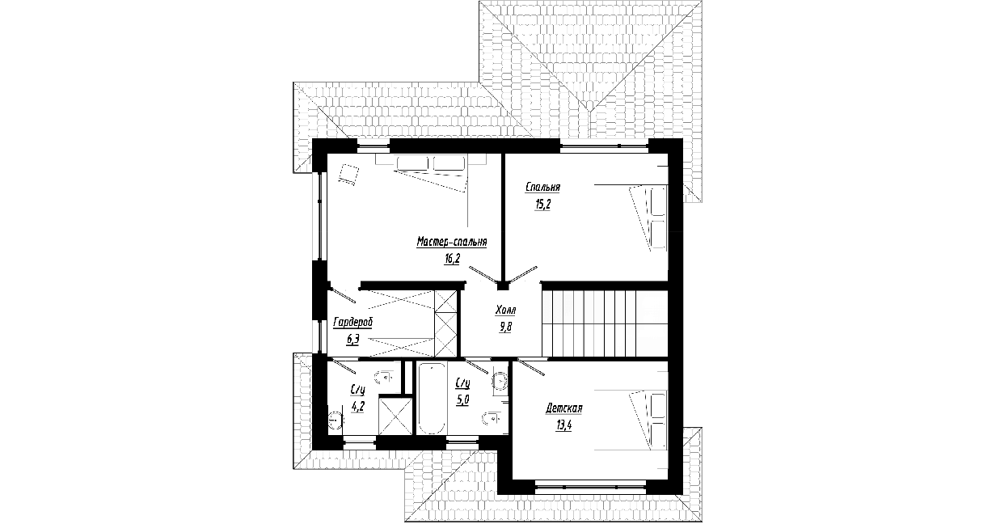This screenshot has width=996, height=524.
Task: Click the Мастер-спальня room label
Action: pos(452,242)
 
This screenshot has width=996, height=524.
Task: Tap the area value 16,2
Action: pos(452,259)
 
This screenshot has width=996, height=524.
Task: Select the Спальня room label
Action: pos(542,188)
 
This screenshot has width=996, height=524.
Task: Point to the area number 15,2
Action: pos(543,204)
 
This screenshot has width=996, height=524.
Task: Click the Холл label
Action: pos(505,310)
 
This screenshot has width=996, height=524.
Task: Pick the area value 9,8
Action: pos(505,327)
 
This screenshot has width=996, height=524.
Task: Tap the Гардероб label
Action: pos(353,323)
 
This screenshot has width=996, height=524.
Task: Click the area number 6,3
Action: pos(353,340)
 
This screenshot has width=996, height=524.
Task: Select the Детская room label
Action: pos(563,408)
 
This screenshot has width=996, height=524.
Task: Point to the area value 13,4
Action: pos(563,425)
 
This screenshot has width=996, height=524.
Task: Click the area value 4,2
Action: pos(357,407)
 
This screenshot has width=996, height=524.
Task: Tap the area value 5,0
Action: pos(462,399)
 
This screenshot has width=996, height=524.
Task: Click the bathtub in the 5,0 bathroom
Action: pos(432,399)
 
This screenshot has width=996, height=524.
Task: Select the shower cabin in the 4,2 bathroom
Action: pos(395,416)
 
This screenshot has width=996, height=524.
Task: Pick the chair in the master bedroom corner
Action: pos(348,175)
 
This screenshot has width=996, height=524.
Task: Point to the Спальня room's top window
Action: pos(604,146)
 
